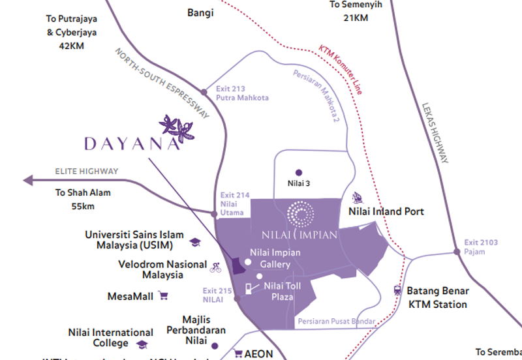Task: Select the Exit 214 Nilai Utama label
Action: point(232,203)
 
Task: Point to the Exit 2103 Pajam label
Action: point(481,247)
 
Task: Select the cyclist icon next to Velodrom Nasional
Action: point(215,267)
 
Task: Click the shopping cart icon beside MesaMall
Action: point(163,296)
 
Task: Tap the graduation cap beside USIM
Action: point(194,242)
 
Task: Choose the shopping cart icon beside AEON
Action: point(238,354)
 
